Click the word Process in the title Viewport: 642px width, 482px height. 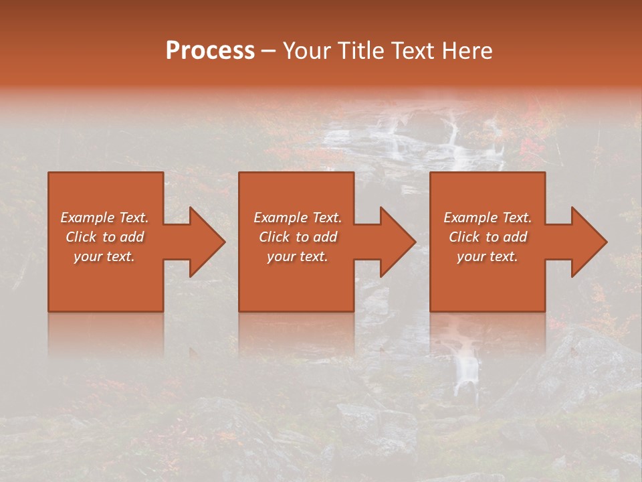tap(210, 51)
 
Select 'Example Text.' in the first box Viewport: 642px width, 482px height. tap(104, 218)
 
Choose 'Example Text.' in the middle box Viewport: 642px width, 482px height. tap(297, 218)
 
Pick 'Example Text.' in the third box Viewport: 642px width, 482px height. tap(488, 218)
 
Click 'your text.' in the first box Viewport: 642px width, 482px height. tap(104, 256)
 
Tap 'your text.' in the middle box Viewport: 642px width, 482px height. tap(297, 256)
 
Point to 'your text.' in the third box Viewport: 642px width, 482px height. tap(488, 256)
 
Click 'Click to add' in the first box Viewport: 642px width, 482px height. tap(104, 237)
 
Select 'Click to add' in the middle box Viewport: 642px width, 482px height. tap(297, 237)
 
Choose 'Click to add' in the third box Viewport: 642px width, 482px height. tap(488, 237)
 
